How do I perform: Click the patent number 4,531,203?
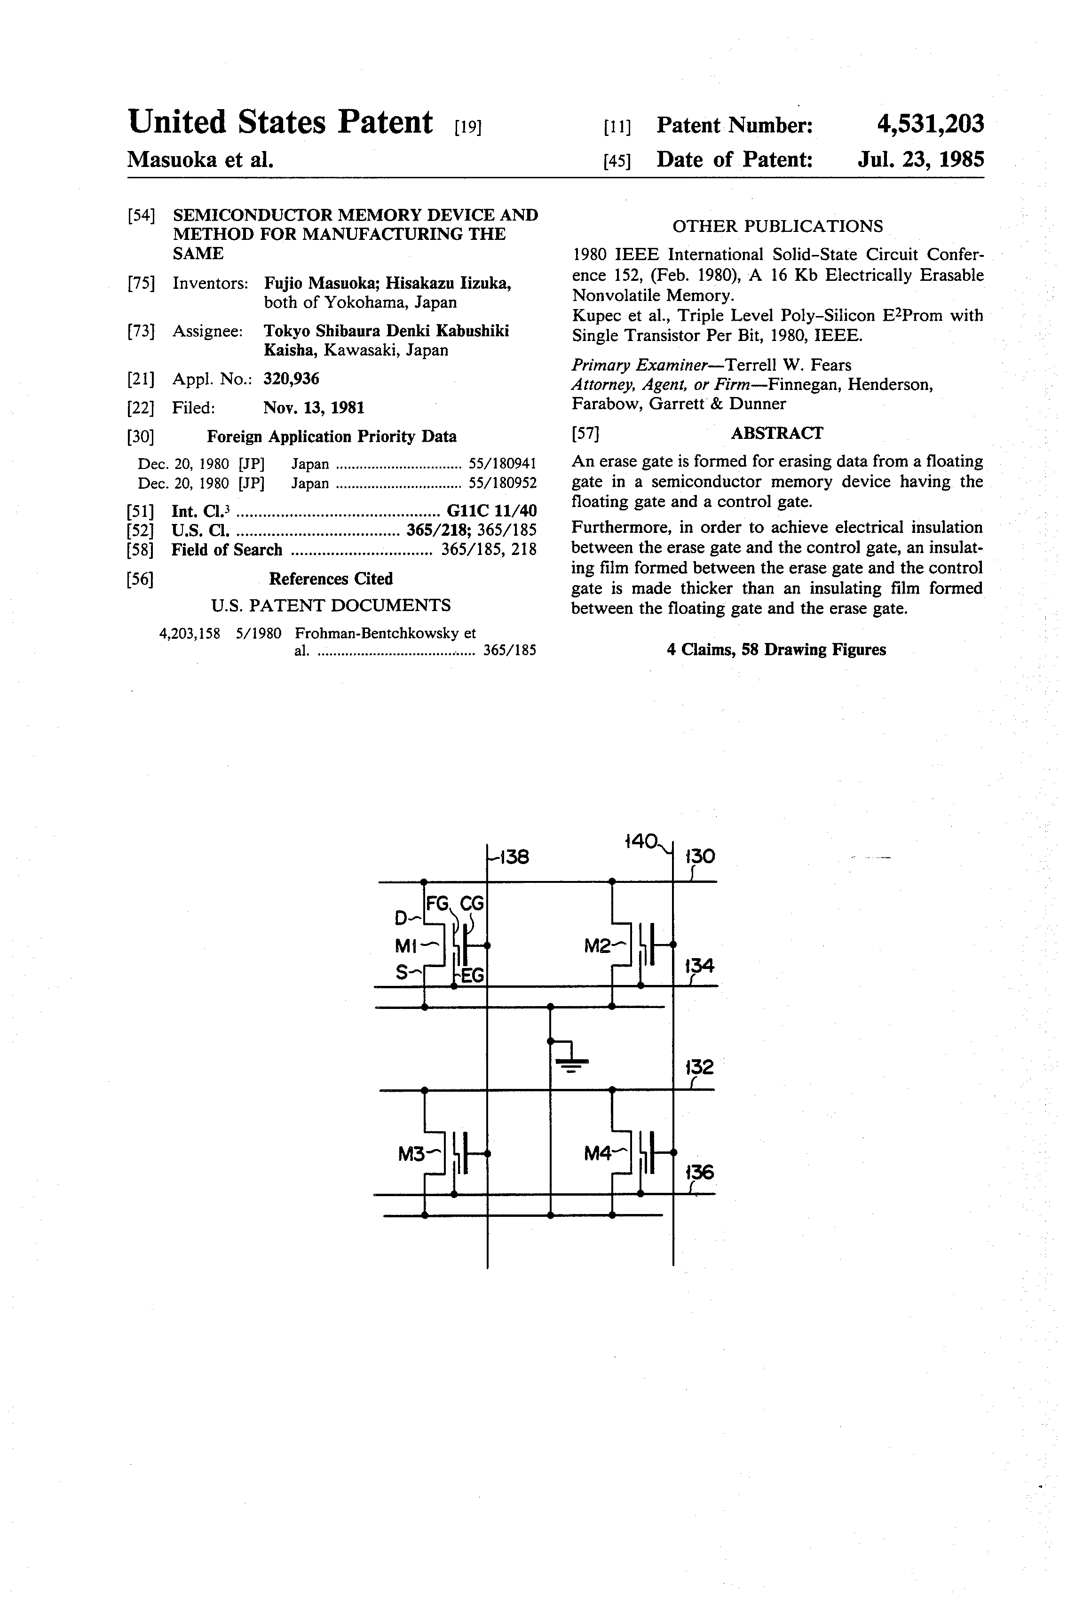[x=930, y=124]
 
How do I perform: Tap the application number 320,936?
[x=291, y=379]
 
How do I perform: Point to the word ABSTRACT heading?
[x=776, y=433]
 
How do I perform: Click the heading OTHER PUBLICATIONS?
[x=777, y=226]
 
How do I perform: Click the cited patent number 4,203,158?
[x=190, y=633]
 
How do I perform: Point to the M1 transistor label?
[x=407, y=947]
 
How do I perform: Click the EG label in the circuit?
[x=473, y=976]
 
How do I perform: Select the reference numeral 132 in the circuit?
[x=699, y=1067]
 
